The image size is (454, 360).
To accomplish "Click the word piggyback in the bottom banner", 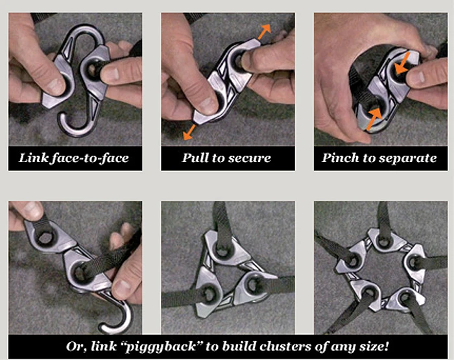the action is click(163, 346).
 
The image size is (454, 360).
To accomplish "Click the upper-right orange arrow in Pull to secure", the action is click(264, 32).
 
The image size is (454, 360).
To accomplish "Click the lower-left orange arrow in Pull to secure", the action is click(189, 132).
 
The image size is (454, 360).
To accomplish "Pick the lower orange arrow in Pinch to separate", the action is click(374, 119).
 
